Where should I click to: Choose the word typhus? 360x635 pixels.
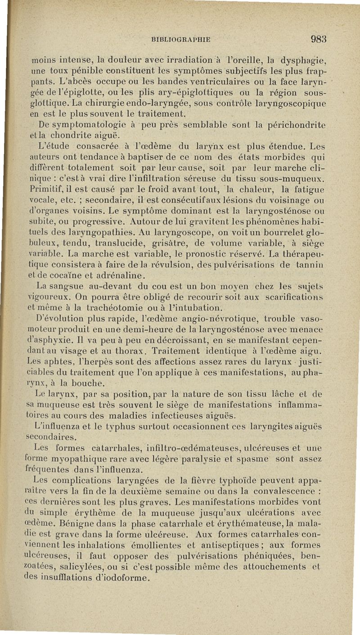tap(106, 426)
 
